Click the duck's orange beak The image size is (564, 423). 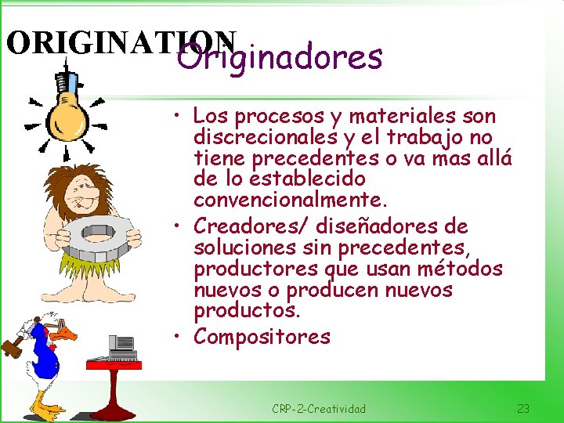(69, 334)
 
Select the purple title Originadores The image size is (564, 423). (280, 57)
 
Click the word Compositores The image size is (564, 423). (262, 337)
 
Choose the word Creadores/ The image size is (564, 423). (252, 226)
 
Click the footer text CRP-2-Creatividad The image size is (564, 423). (319, 409)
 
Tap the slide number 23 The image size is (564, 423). (523, 409)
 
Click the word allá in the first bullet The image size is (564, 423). (493, 159)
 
